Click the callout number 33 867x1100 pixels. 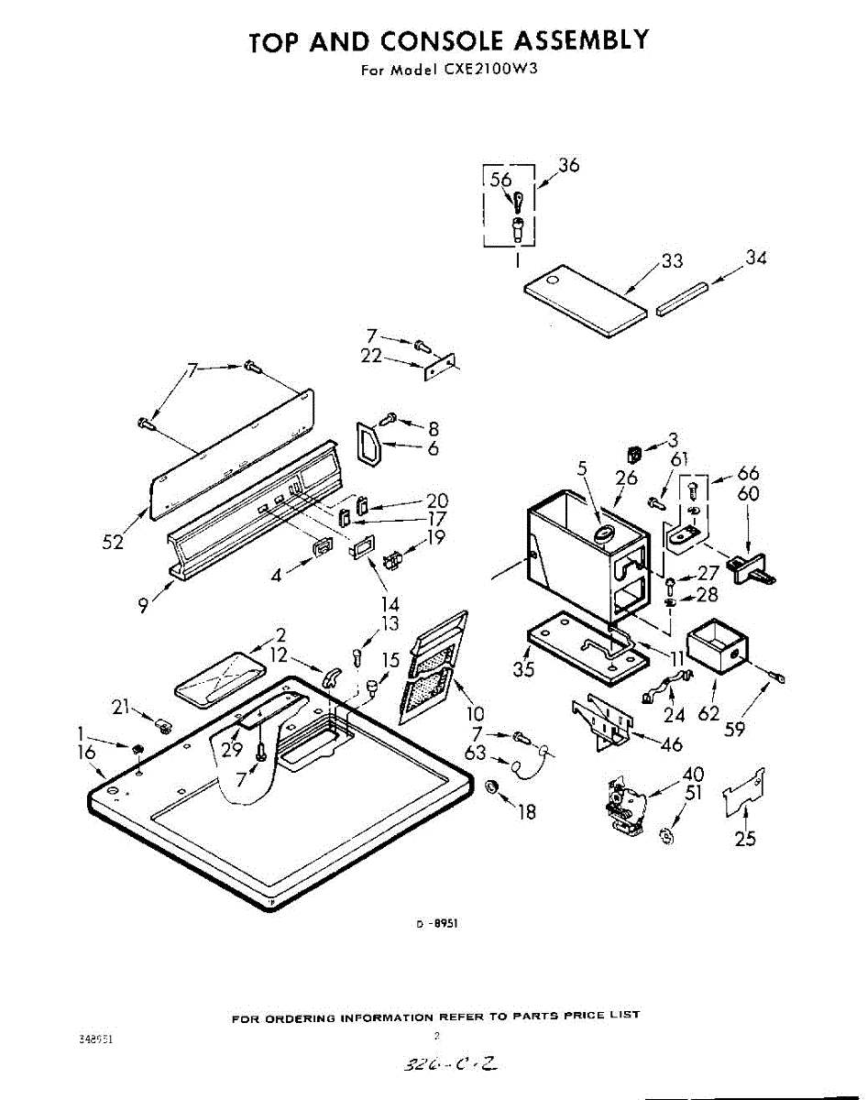[672, 261]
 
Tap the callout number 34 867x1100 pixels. [755, 258]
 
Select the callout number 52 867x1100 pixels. [113, 542]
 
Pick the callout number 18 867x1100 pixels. [526, 811]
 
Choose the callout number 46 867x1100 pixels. [671, 743]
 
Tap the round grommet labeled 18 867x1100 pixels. [491, 787]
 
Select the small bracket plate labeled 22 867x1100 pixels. [438, 367]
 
